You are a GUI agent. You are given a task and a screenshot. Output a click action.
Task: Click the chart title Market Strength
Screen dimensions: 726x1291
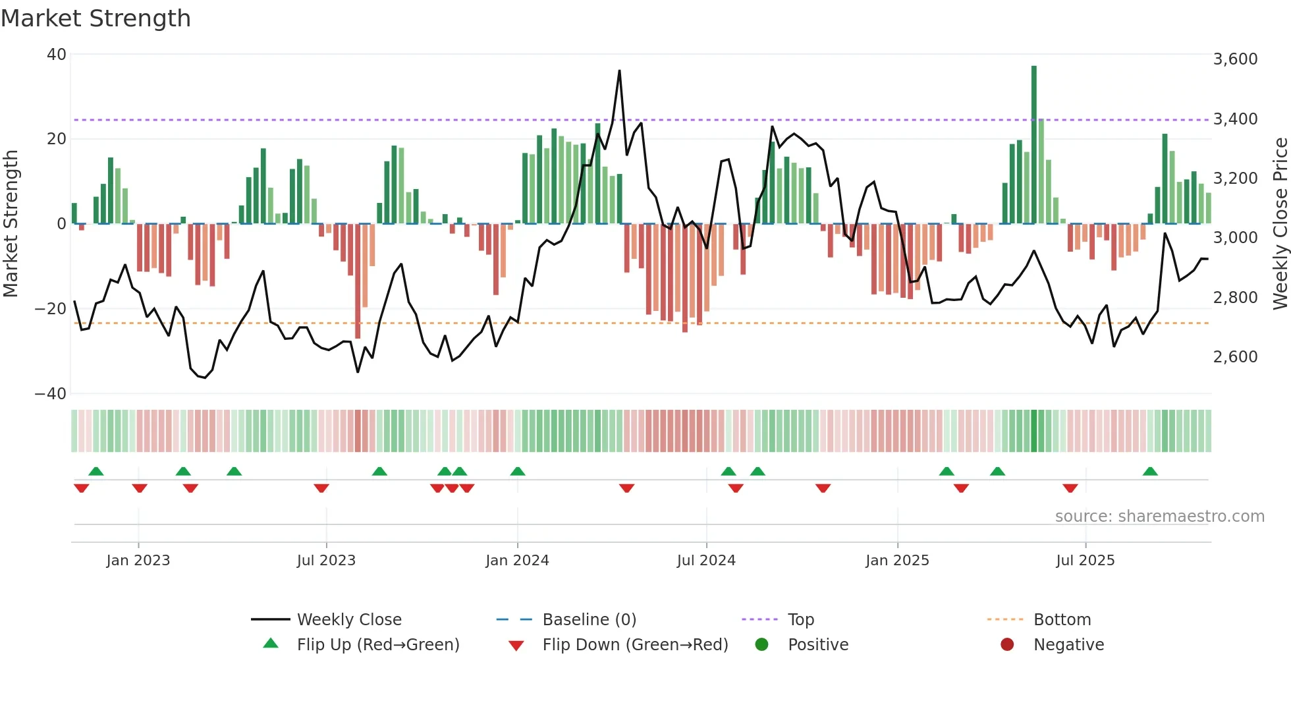coord(96,18)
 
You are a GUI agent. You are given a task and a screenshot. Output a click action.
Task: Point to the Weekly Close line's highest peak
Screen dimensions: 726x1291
coord(619,71)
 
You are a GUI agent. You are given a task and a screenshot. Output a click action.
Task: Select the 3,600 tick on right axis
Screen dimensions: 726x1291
coord(1235,59)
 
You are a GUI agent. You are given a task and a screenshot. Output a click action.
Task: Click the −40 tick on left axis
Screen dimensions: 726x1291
coord(51,394)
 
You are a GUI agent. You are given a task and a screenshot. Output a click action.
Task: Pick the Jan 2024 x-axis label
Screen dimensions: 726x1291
coord(517,561)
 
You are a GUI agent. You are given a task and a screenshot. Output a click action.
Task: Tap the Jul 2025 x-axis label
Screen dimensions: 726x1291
coord(1085,561)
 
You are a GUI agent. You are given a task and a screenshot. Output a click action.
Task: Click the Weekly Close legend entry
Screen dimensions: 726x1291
coord(349,620)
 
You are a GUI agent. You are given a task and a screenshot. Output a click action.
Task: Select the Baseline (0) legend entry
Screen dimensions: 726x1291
coord(589,620)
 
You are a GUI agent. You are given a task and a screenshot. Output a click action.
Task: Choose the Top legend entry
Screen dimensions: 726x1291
coord(801,620)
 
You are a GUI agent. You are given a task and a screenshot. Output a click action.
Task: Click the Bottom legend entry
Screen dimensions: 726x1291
coord(1062,620)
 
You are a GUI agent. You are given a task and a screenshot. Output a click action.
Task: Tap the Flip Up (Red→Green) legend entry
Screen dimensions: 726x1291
coord(378,645)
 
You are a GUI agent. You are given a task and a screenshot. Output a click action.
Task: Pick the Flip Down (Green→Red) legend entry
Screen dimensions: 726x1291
coord(635,645)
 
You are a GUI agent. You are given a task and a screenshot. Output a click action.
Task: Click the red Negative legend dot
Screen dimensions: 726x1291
coord(1007,644)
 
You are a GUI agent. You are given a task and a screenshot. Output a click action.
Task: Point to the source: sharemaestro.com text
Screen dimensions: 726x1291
coord(1159,517)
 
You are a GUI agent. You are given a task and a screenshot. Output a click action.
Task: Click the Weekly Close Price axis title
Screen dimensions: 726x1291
coord(1280,224)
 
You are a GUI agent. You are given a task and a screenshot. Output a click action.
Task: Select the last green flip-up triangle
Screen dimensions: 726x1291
coord(1150,472)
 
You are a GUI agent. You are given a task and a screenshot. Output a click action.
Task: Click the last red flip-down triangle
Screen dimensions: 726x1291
coord(1070,488)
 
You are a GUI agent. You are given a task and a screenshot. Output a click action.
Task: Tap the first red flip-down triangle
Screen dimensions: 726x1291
coord(82,488)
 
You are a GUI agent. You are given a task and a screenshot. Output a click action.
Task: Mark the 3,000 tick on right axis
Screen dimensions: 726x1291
coord(1235,238)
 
